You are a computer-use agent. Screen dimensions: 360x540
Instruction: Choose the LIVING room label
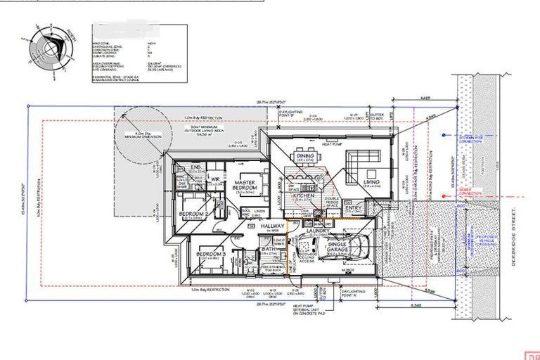371,182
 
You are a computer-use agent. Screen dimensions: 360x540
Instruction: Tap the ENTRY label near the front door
353,208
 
